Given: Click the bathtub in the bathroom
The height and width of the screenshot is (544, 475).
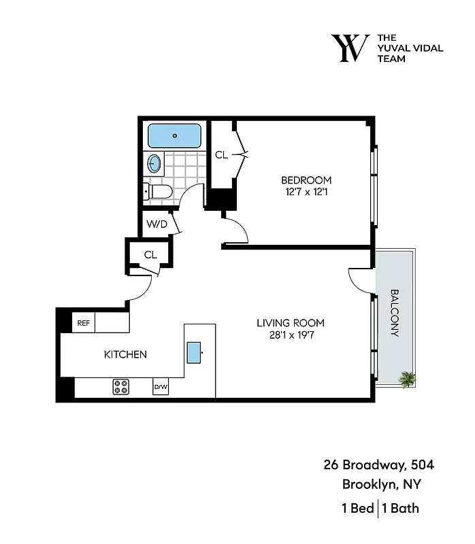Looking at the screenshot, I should point(174,135).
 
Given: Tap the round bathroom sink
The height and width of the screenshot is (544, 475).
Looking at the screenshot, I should point(155,163).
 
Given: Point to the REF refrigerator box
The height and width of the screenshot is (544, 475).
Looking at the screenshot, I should point(84,322).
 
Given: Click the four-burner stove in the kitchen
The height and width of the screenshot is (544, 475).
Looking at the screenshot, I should point(121,387).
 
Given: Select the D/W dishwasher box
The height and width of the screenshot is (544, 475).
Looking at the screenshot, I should point(161,387).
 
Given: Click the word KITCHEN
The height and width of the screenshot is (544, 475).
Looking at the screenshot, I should point(125,354).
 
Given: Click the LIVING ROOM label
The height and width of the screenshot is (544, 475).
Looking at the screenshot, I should point(290,323).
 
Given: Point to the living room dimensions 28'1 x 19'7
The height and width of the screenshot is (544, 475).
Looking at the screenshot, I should point(290,335).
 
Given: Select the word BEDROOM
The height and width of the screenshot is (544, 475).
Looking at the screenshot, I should point(306,180).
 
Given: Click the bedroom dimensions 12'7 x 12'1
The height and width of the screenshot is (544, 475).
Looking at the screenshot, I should point(306,192).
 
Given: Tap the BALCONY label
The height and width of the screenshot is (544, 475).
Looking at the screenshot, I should point(395,313).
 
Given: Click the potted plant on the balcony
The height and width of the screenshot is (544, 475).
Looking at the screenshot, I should point(408,379).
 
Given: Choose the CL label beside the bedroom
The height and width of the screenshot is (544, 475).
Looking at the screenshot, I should point(221,155).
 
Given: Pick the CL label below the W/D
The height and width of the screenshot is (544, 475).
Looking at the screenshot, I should point(150,255).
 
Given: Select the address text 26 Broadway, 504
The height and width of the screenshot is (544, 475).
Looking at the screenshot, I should point(378,466).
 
